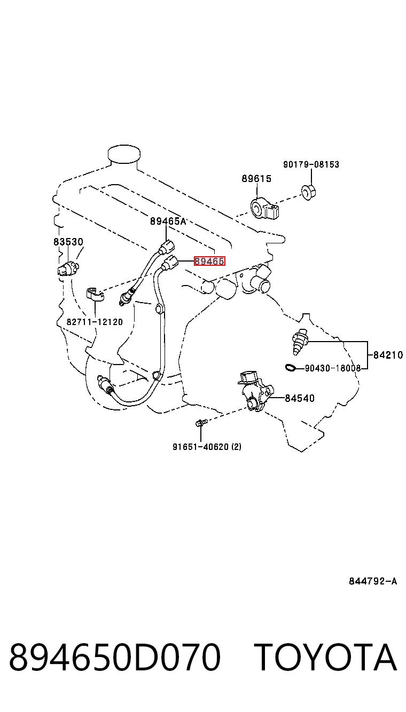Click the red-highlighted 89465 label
click(210, 262)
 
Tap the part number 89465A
click(168, 221)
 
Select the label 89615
click(256, 179)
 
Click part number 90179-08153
click(311, 164)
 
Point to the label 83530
click(68, 242)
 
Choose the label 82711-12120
click(95, 322)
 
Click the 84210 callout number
click(388, 355)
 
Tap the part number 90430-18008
click(333, 368)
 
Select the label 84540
click(299, 398)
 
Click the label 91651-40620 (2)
click(207, 447)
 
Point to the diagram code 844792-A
click(373, 581)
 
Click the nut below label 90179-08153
click(308, 192)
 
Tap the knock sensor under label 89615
click(264, 209)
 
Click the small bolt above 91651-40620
click(201, 423)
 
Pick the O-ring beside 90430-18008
click(291, 368)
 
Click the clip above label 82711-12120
click(95, 294)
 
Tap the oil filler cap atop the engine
click(124, 154)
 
